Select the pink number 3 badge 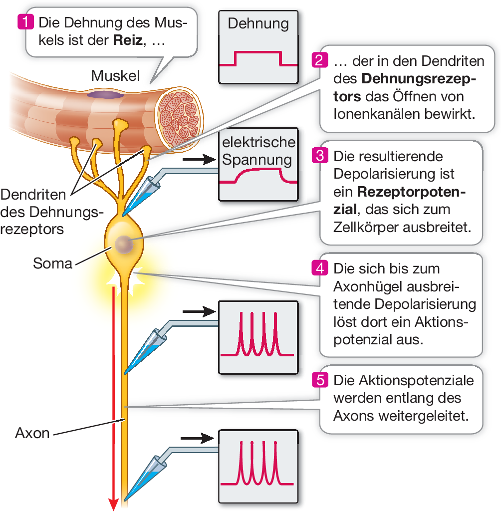pos(319,156)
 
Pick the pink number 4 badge pos(319,268)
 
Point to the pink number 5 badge pos(319,380)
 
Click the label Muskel pos(115,76)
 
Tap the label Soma pos(52,263)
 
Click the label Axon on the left pos(32,433)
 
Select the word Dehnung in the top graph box pos(258,23)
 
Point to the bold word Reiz pos(128,40)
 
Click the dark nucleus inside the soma pos(123,244)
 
